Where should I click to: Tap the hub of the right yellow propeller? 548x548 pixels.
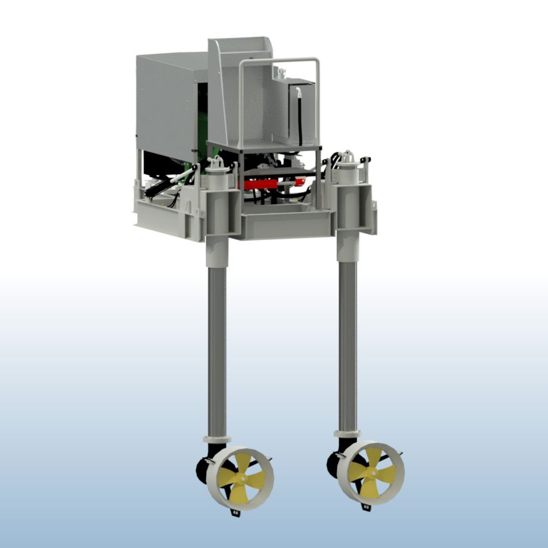(x=371, y=472)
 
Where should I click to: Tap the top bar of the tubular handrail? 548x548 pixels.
(x=279, y=61)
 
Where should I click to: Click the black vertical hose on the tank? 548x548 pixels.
(x=302, y=119)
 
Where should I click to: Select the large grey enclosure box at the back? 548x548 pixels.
(x=166, y=100)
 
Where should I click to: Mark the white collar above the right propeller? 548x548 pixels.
(x=347, y=433)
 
